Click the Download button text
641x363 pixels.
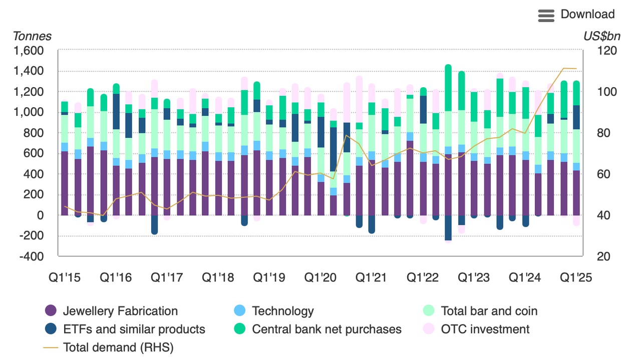coord(587,14)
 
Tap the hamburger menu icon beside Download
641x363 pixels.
coord(546,15)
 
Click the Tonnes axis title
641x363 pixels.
coord(32,36)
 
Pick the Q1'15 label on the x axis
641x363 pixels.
coord(64,278)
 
